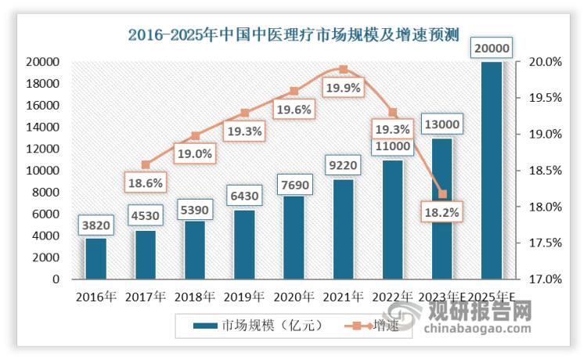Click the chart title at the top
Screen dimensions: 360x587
(x=293, y=33)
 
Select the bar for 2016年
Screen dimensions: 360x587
(x=95, y=258)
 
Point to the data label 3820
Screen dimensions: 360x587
(x=95, y=226)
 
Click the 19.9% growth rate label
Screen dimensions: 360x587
(x=343, y=88)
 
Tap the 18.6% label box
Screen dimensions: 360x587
(x=146, y=182)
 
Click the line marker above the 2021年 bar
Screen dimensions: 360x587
(x=343, y=69)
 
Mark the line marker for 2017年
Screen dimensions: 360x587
(x=146, y=164)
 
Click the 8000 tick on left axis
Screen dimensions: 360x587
(x=47, y=193)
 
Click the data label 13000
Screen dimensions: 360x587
(x=443, y=124)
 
